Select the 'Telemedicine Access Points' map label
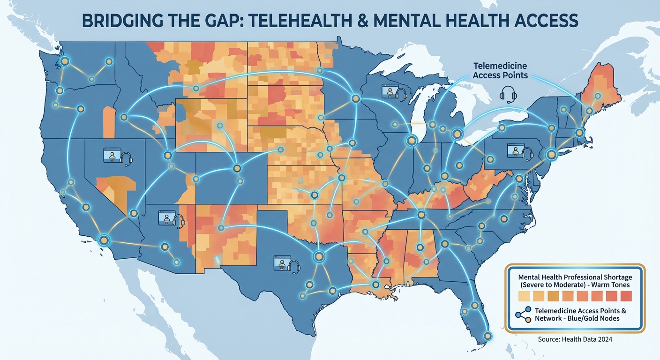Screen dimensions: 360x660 coord(500,71)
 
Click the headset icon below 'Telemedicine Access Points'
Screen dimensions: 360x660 coord(508,94)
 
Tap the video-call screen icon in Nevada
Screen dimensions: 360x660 coord(112,155)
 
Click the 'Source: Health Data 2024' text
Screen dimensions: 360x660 coord(575,339)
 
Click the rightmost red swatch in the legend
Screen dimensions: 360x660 coord(626,296)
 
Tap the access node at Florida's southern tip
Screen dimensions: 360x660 coord(488,336)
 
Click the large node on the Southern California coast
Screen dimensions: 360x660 coord(104,240)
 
